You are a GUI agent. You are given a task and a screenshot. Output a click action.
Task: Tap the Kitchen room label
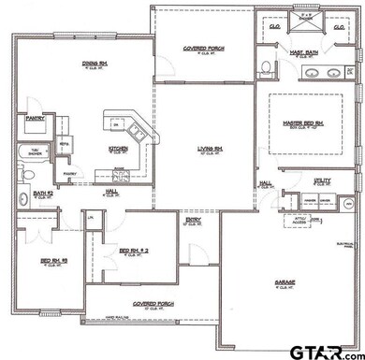(118, 148)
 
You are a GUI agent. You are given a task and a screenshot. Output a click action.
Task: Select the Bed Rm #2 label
(133, 251)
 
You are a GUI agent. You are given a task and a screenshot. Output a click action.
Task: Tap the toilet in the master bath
(266, 66)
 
